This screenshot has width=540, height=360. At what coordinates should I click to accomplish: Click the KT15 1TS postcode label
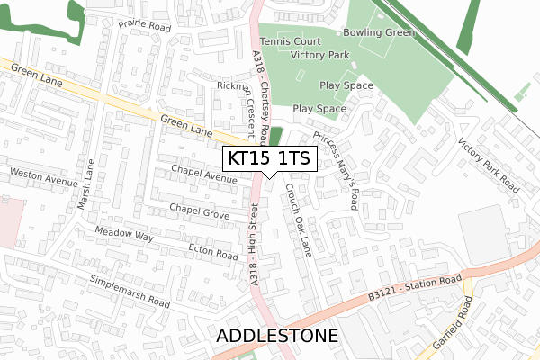[269, 158]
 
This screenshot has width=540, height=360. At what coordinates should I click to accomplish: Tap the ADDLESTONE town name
[277, 337]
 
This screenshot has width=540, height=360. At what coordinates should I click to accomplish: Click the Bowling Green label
[378, 32]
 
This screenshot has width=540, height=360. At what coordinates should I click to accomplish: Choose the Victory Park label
[319, 55]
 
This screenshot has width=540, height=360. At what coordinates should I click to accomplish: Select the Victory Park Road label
[489, 166]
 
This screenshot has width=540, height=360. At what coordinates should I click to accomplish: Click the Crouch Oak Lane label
[297, 220]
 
